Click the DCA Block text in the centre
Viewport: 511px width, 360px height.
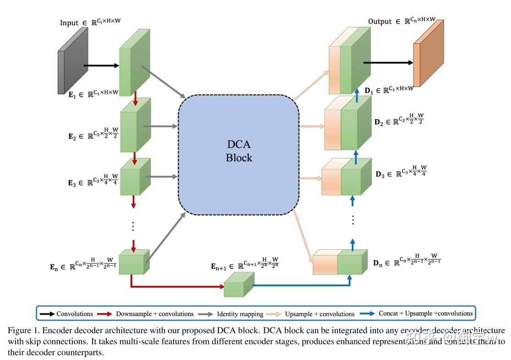(239, 151)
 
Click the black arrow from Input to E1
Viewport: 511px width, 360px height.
(101, 65)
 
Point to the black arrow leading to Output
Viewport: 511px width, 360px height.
(388, 63)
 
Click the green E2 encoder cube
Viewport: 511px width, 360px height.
(135, 125)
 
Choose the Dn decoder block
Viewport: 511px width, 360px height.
(340, 262)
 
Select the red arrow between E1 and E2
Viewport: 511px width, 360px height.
(136, 98)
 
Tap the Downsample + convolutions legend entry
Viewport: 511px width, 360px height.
(155, 314)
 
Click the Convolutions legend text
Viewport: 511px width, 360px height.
(75, 314)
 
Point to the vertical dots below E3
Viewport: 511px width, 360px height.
(133, 226)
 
